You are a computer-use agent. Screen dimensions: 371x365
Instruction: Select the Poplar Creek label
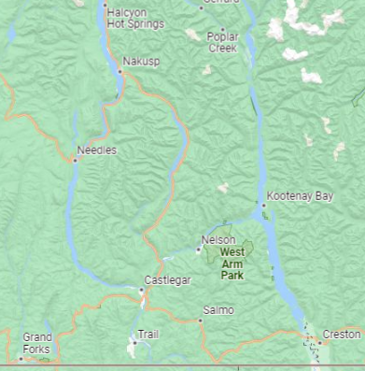pyautogui.click(x=223, y=42)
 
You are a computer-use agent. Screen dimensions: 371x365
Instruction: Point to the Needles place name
pyautogui.click(x=97, y=150)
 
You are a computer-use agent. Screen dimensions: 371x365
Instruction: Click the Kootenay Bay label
pyautogui.click(x=299, y=196)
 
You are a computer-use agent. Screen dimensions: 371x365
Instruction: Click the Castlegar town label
pyautogui.click(x=168, y=280)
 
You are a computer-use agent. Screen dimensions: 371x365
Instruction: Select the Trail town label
pyautogui.click(x=149, y=334)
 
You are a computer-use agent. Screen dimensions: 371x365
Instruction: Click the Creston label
pyautogui.click(x=341, y=334)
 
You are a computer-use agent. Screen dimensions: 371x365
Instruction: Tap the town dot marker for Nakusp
pyautogui.click(x=119, y=70)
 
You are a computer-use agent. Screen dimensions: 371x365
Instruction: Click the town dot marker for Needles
pyautogui.click(x=75, y=160)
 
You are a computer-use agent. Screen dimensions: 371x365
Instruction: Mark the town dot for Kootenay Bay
pyautogui.click(x=263, y=205)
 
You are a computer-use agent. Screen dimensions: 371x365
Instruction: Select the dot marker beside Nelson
pyautogui.click(x=198, y=250)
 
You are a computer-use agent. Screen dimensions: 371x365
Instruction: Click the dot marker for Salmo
pyautogui.click(x=200, y=320)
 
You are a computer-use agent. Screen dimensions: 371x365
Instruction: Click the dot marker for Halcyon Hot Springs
pyautogui.click(x=104, y=5)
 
